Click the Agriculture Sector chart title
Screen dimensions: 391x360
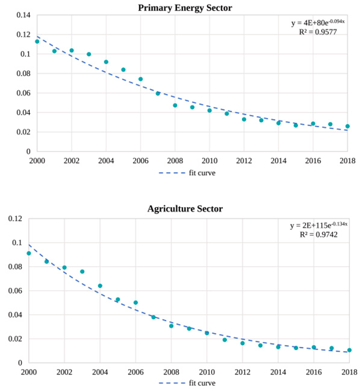(x=185, y=209)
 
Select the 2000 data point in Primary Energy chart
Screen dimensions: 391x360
(x=37, y=42)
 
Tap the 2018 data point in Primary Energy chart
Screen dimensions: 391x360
(x=348, y=126)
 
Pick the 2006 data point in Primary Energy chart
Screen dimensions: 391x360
(x=141, y=79)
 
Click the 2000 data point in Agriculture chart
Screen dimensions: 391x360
(x=29, y=253)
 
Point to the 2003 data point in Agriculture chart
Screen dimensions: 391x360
(x=82, y=271)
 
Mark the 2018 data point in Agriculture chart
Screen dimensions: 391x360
(x=350, y=350)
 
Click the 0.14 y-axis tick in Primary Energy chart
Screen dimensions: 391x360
(x=24, y=15)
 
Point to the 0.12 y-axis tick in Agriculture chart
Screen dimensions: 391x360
(x=15, y=219)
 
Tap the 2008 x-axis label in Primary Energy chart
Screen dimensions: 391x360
(x=175, y=161)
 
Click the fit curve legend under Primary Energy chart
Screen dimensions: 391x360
(x=187, y=173)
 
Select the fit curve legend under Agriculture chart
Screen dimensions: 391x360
(x=187, y=383)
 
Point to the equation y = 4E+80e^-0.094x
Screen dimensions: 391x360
(x=317, y=23)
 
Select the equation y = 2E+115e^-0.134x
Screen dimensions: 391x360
(x=319, y=226)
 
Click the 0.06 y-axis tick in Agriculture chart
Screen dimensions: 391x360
(x=15, y=291)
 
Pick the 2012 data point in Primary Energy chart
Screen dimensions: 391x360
(x=244, y=120)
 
